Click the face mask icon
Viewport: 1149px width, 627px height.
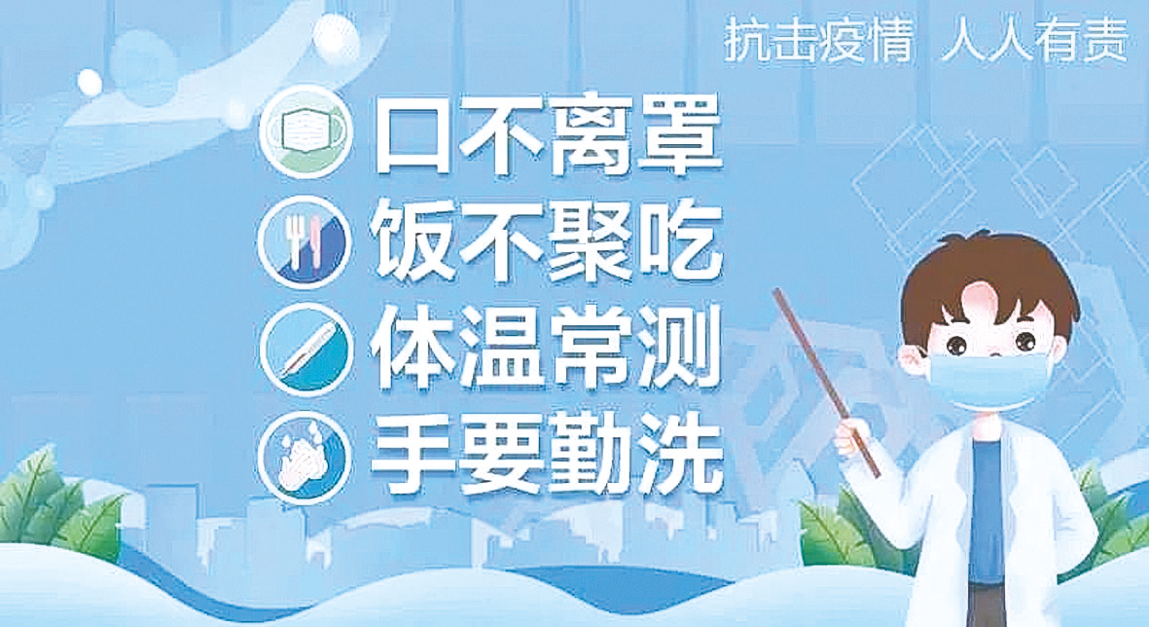[306, 133]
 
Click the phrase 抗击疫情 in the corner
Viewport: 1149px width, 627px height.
[818, 40]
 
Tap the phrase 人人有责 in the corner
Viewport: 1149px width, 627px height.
[1035, 40]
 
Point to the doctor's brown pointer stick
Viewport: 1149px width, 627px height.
[827, 383]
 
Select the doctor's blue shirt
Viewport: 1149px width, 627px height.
[993, 498]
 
